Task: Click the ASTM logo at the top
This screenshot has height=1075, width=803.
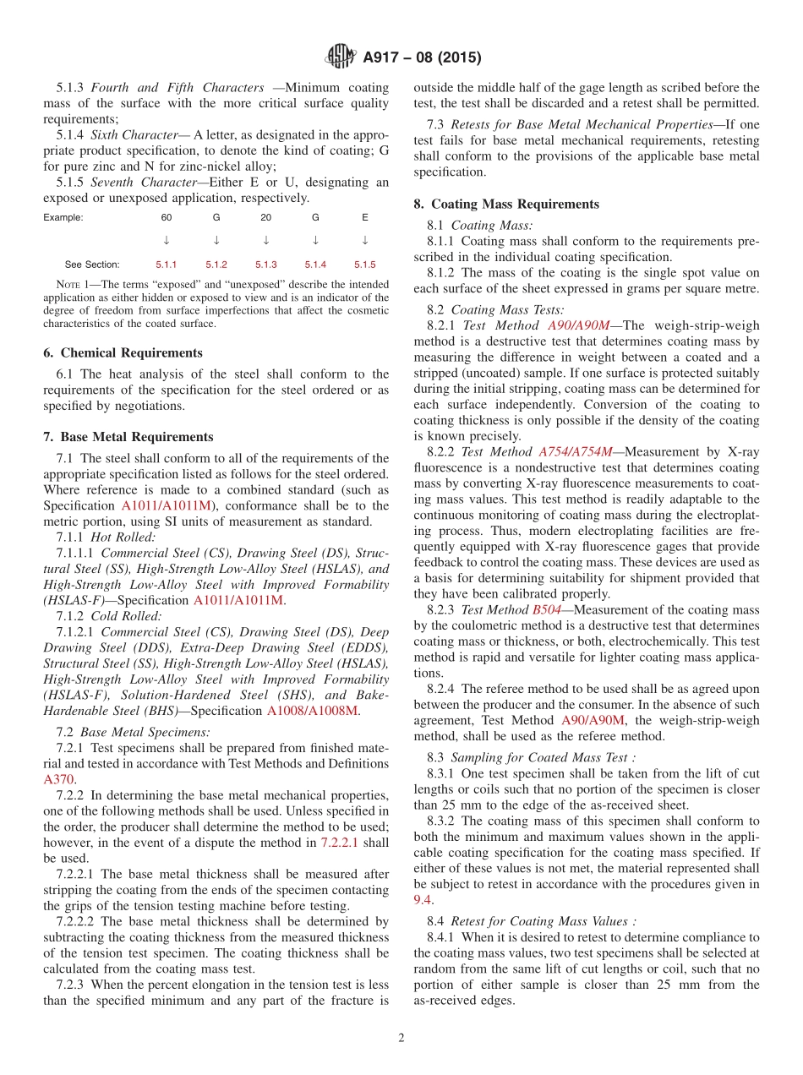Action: [341, 57]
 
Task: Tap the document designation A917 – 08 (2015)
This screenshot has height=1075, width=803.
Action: [422, 58]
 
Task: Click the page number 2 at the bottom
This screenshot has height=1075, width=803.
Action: [401, 1038]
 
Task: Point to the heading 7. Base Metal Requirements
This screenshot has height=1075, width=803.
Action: [128, 437]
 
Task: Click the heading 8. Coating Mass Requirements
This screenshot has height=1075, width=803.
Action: [505, 204]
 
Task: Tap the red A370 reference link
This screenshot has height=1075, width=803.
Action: [58, 779]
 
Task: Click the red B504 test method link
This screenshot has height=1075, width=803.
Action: [546, 609]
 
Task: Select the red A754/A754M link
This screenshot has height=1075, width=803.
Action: [575, 452]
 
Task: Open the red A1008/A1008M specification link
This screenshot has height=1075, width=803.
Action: [312, 711]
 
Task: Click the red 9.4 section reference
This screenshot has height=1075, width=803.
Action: [422, 900]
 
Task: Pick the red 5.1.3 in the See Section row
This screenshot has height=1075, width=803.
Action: [266, 265]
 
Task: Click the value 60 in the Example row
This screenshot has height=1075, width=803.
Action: [167, 217]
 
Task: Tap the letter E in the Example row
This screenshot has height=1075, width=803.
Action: [365, 217]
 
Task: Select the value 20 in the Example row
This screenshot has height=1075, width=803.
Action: [266, 217]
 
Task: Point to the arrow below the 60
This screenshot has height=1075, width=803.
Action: [167, 240]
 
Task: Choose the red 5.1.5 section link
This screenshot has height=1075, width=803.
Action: [365, 265]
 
